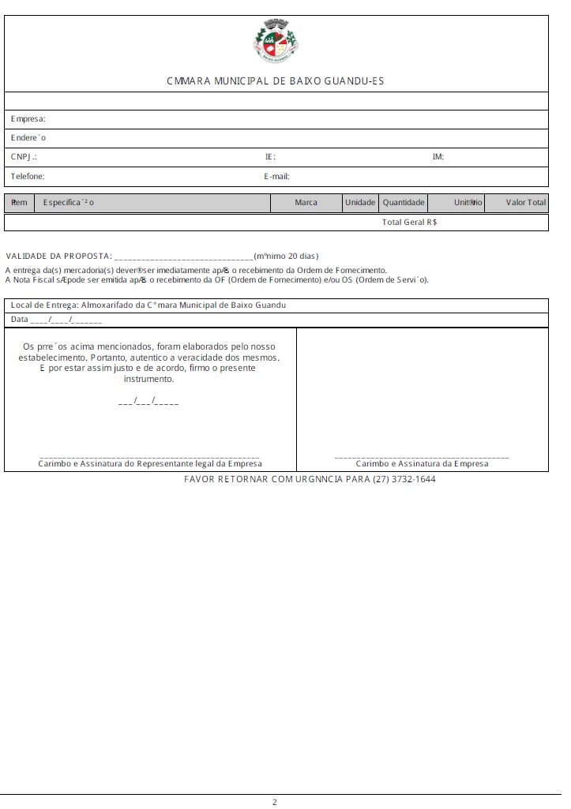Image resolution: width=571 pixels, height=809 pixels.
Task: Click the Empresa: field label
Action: point(28,119)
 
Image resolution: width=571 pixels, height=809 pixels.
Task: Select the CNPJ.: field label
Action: point(24,157)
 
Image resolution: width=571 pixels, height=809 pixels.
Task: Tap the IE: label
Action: point(270,157)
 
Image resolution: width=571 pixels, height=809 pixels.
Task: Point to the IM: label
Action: point(438,157)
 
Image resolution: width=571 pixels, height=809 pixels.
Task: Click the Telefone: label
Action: point(28,177)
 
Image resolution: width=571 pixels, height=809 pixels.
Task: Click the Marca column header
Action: point(306,203)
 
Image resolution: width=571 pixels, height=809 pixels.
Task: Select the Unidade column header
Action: point(360,203)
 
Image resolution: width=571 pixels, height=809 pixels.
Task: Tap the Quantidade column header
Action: point(404,203)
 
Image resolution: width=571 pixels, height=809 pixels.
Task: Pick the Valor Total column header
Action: point(526,203)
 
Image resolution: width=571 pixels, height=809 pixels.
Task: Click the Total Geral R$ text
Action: point(410,223)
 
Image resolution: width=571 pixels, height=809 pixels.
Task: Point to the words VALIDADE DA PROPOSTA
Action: point(58,257)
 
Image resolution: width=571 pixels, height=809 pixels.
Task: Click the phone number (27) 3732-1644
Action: point(404,479)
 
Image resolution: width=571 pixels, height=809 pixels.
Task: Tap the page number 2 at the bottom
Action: point(275,803)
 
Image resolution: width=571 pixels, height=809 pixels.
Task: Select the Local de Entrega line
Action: point(148,305)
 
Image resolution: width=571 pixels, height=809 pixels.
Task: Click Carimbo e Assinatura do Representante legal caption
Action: point(150,464)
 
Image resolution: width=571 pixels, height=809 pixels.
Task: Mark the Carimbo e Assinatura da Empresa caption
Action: point(422,464)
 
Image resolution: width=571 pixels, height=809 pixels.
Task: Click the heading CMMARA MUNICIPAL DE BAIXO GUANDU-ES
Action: point(276,81)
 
